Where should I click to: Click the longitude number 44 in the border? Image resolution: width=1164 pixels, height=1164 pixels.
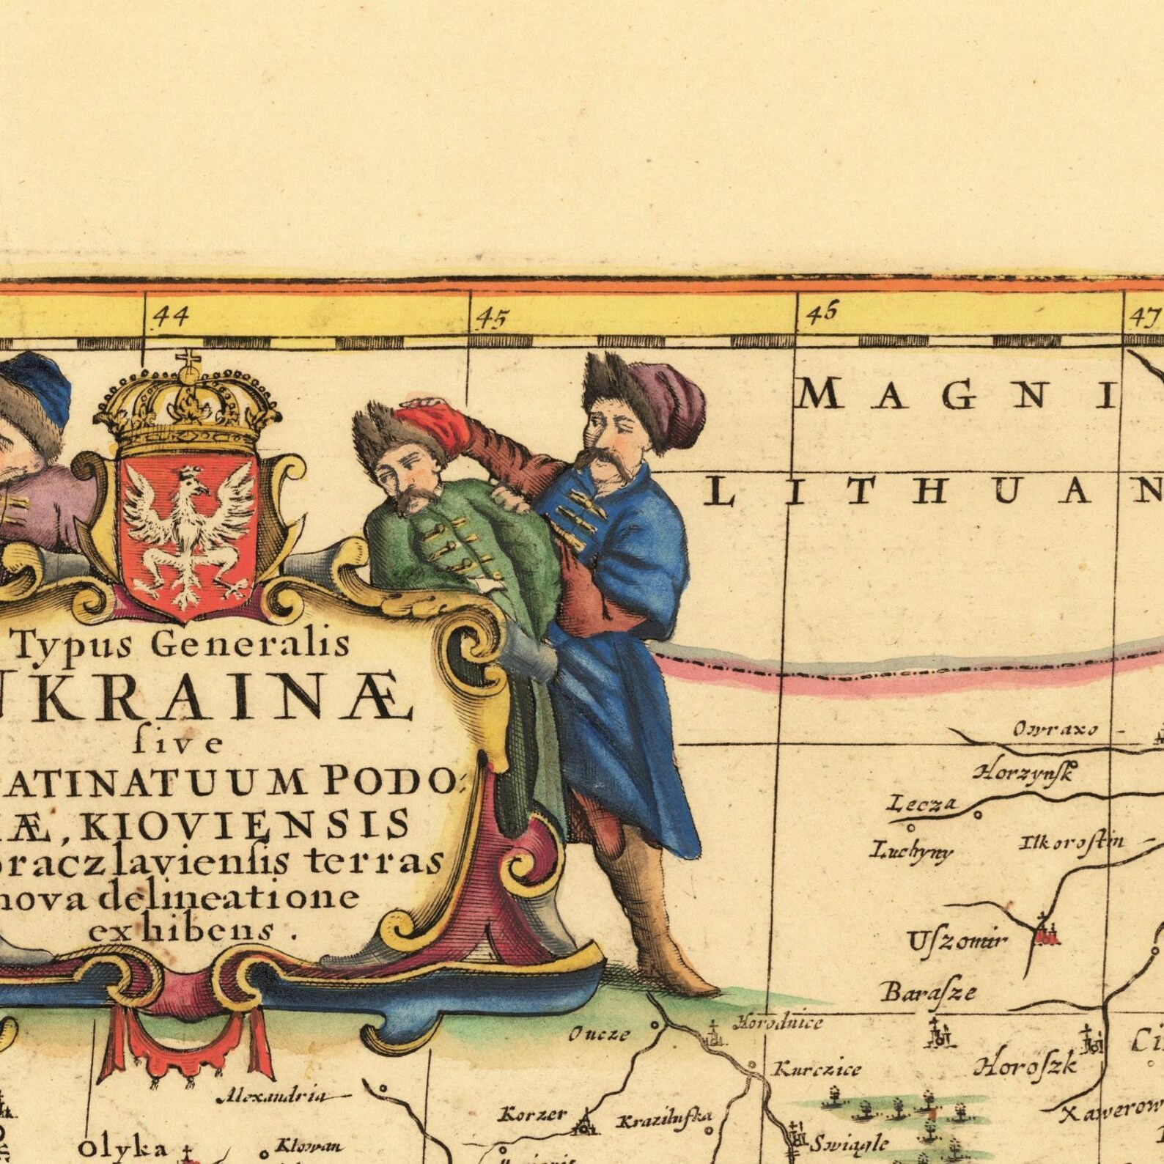tap(170, 317)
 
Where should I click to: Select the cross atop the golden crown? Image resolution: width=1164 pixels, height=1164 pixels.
tap(188, 361)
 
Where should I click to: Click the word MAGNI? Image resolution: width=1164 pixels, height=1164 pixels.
tap(957, 397)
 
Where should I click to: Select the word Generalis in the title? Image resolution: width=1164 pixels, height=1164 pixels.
tap(254, 644)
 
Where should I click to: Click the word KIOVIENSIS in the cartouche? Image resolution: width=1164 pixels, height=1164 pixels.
tap(246, 823)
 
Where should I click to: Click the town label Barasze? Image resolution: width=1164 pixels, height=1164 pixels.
tap(929, 992)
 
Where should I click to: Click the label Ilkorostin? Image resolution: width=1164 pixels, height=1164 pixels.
tap(1071, 843)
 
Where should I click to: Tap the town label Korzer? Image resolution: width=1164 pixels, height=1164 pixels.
tap(532, 1115)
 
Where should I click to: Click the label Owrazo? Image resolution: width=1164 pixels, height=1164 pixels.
tap(1055, 729)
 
